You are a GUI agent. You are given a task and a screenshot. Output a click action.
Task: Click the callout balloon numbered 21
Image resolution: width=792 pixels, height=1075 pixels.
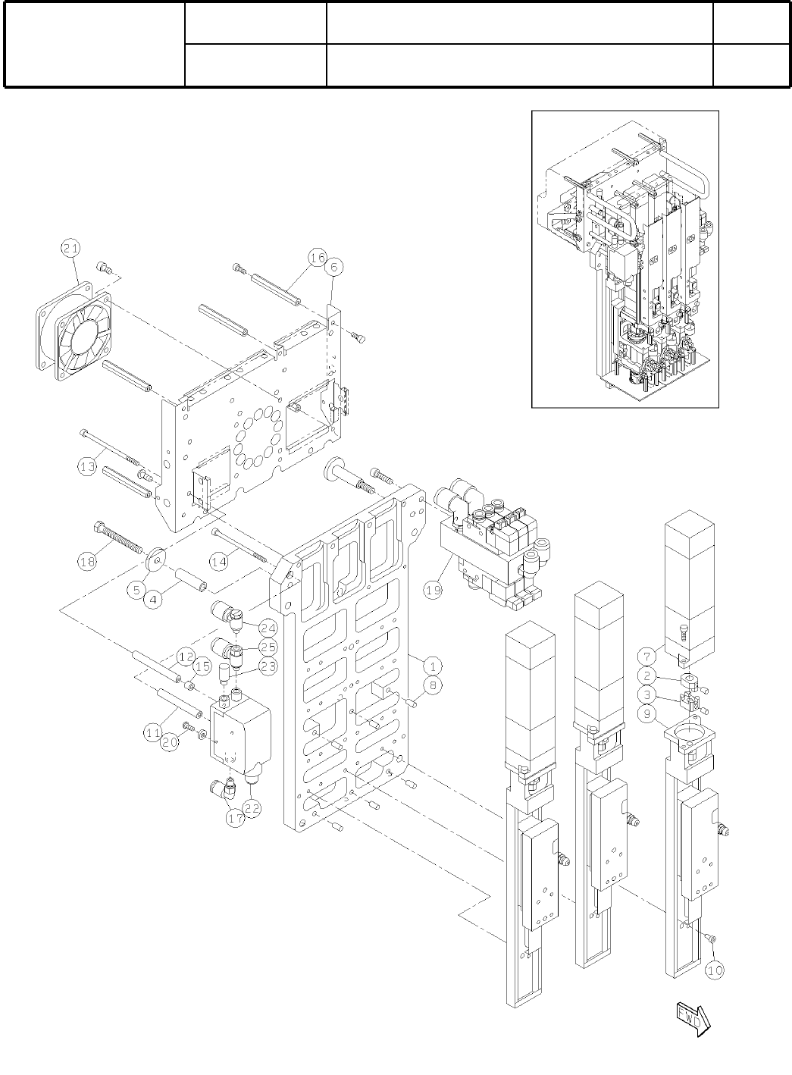click(x=70, y=248)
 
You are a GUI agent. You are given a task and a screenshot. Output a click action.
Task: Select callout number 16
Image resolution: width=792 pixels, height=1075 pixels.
click(x=317, y=258)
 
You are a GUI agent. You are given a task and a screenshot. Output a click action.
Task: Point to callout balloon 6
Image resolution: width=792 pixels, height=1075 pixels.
click(x=334, y=268)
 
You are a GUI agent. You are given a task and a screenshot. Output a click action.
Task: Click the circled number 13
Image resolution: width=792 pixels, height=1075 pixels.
click(x=88, y=467)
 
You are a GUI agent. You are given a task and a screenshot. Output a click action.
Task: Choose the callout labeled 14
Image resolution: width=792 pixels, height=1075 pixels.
click(x=218, y=562)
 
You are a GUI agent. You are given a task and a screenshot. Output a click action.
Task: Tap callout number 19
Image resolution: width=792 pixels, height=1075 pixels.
click(x=433, y=591)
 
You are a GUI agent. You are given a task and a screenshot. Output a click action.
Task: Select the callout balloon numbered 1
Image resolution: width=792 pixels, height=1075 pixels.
click(x=430, y=666)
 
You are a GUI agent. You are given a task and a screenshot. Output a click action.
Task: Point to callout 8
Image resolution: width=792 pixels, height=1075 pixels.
click(x=430, y=686)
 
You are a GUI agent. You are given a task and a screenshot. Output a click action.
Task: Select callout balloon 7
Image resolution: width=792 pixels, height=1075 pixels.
click(x=646, y=655)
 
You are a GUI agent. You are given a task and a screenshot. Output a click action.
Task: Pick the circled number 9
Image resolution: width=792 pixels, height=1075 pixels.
click(x=646, y=713)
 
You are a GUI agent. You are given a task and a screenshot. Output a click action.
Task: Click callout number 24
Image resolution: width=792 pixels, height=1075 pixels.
click(x=268, y=628)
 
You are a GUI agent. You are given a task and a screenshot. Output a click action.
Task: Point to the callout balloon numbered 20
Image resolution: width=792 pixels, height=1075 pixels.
click(x=170, y=744)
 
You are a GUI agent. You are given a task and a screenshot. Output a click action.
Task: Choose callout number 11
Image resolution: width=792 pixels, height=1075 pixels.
click(x=154, y=732)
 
